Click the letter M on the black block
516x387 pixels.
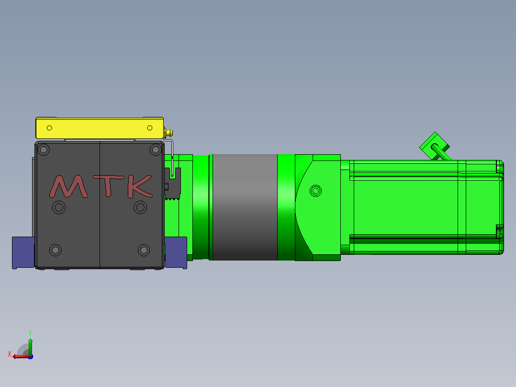pyautogui.click(x=68, y=186)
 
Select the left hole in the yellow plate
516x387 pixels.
pyautogui.click(x=49, y=128)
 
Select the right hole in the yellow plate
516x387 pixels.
pyautogui.click(x=150, y=128)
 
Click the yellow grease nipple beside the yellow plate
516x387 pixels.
pyautogui.click(x=169, y=134)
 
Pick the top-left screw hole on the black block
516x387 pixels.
pyautogui.click(x=44, y=150)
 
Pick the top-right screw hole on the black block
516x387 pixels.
pyautogui.click(x=155, y=150)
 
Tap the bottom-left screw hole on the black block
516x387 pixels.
pyautogui.click(x=56, y=250)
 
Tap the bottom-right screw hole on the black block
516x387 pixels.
pyautogui.click(x=144, y=250)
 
